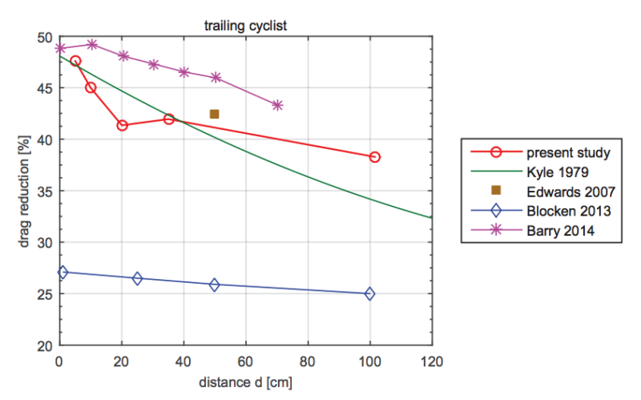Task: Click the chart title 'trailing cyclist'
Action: pyautogui.click(x=245, y=26)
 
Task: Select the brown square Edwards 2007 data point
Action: pyautogui.click(x=214, y=114)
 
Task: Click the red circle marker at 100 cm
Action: pyautogui.click(x=374, y=157)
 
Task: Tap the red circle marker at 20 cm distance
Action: pyautogui.click(x=122, y=125)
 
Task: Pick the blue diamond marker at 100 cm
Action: pyautogui.click(x=369, y=293)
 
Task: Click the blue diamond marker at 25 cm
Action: pyautogui.click(x=137, y=278)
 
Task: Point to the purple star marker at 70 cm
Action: pyautogui.click(x=277, y=105)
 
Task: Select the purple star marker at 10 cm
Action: pyautogui.click(x=92, y=45)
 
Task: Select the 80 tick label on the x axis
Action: pyautogui.click(x=308, y=360)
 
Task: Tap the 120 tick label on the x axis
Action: pyautogui.click(x=432, y=360)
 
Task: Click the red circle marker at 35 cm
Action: pyautogui.click(x=169, y=119)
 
